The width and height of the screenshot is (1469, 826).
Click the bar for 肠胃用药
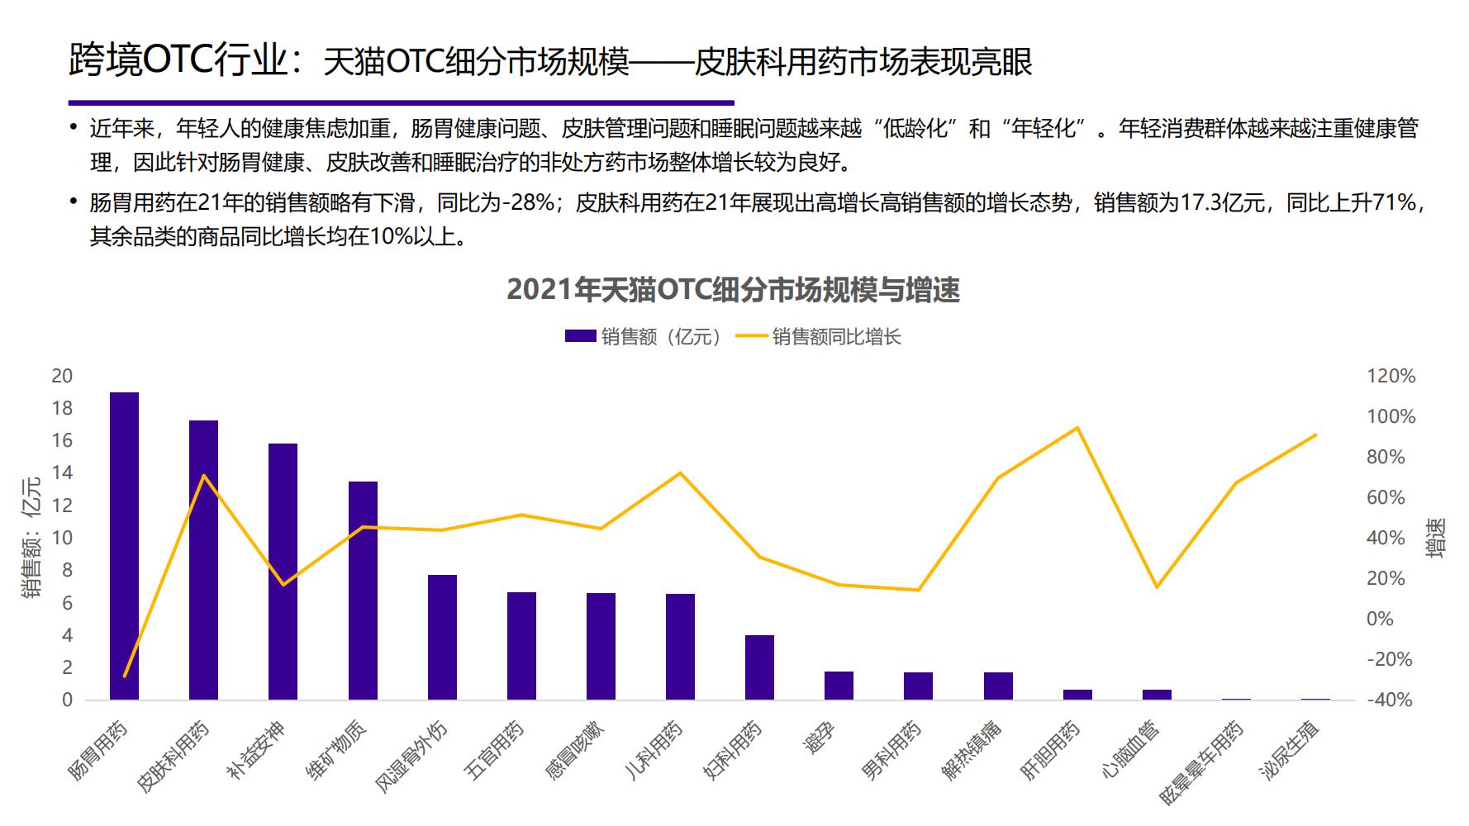pyautogui.click(x=124, y=545)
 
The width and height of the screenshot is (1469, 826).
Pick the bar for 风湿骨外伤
pyautogui.click(x=442, y=637)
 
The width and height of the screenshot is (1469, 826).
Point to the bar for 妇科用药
pyautogui.click(x=759, y=667)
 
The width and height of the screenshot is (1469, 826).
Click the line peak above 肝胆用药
pyautogui.click(x=1077, y=428)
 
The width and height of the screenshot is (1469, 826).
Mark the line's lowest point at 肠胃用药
pyautogui.click(x=125, y=676)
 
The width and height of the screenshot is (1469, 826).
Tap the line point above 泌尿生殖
pyautogui.click(x=1315, y=434)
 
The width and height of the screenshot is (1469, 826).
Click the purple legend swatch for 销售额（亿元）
pyautogui.click(x=580, y=336)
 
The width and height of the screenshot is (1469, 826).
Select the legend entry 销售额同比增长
pyautogui.click(x=836, y=337)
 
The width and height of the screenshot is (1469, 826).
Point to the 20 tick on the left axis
pyautogui.click(x=62, y=376)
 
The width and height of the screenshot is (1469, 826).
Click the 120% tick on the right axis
pyautogui.click(x=1391, y=377)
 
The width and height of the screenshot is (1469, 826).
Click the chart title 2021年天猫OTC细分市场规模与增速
pyautogui.click(x=733, y=290)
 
